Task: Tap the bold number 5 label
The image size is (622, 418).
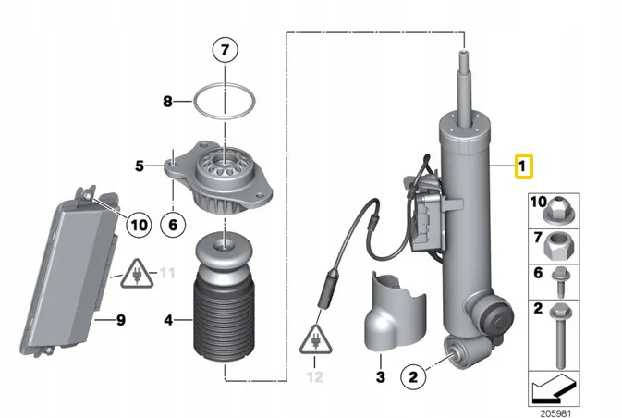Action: pos(140,166)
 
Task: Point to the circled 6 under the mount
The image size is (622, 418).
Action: pos(172,223)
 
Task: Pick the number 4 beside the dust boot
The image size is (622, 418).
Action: pos(167,321)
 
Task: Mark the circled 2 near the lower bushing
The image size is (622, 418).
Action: pos(413,376)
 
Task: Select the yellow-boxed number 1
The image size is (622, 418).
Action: pos(522,167)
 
